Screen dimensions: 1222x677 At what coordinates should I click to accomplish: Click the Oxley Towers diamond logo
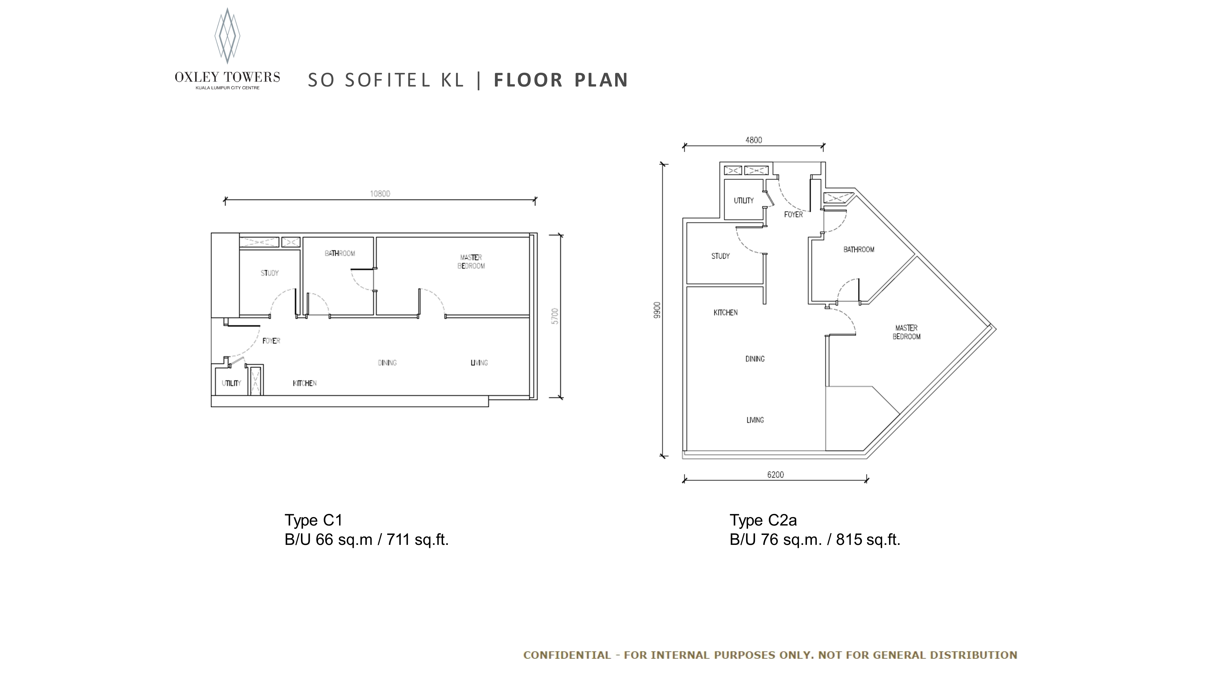click(227, 36)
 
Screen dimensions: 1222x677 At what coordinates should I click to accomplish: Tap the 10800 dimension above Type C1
click(380, 194)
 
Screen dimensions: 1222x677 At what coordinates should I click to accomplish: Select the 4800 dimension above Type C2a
click(754, 140)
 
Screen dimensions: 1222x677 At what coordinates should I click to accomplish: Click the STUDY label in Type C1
click(269, 273)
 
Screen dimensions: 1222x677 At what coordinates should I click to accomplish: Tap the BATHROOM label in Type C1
click(340, 253)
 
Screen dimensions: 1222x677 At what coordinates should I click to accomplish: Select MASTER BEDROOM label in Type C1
click(471, 262)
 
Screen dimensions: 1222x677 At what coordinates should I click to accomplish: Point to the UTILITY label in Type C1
click(232, 383)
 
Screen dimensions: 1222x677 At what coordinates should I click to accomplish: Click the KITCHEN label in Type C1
click(305, 383)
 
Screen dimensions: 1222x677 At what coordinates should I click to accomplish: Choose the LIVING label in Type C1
click(479, 362)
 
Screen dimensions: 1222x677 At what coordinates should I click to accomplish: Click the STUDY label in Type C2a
click(720, 256)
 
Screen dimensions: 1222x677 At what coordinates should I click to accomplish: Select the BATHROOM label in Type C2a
click(859, 250)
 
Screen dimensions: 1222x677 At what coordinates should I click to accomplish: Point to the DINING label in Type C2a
click(755, 359)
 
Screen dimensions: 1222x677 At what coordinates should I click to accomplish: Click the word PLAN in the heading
click(601, 80)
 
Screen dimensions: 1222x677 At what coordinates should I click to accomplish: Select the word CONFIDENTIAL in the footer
click(567, 655)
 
